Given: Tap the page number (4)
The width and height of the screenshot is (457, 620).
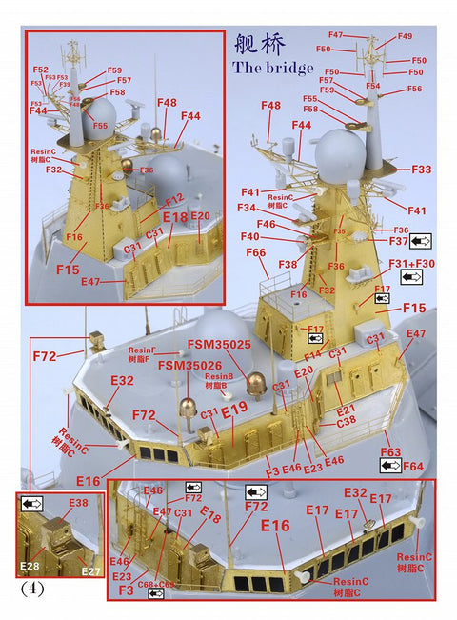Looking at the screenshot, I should click(x=30, y=588).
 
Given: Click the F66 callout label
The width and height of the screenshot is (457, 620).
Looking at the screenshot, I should click(x=256, y=252).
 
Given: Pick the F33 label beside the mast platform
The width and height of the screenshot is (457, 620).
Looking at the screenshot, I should click(x=421, y=169).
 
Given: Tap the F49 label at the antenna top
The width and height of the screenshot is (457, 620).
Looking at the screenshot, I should click(x=405, y=36).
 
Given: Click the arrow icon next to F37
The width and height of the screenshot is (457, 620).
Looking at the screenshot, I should click(x=420, y=241).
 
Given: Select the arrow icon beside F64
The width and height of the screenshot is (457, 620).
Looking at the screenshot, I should click(x=390, y=466).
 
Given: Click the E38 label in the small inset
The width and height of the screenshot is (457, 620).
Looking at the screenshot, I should click(x=77, y=502).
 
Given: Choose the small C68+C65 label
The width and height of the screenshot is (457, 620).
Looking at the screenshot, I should click(x=156, y=584).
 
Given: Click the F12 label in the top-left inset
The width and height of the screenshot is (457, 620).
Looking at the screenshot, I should click(x=174, y=200).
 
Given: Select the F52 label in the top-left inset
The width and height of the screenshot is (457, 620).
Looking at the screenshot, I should click(x=40, y=70).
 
